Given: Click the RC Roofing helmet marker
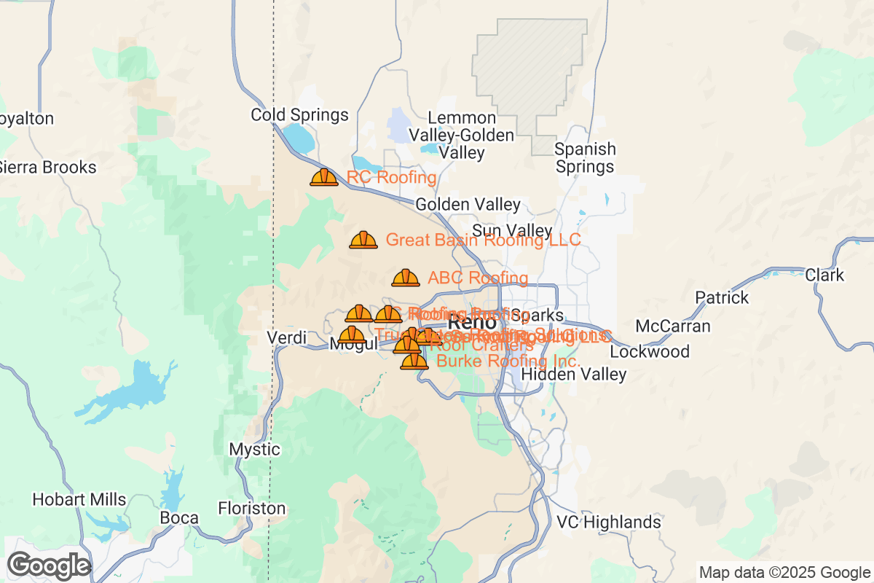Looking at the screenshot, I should coord(324,177).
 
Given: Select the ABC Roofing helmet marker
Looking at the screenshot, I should coord(406,278).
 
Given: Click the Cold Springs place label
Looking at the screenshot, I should coord(299,115).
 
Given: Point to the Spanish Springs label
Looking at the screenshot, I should coord(585,158).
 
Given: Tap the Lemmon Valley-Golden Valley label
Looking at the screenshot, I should coord(461,136).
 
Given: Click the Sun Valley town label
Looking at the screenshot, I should coord(512,231).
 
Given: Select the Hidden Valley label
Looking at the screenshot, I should coord(574,375).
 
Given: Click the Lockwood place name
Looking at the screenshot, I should coord(650,352).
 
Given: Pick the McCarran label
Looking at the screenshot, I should coord(673,326).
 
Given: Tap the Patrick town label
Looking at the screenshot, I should coord(722,298).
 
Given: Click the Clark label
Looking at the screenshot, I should coord(824,275).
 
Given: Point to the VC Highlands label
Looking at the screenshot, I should coord(609,523).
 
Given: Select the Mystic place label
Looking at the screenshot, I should coord(254,449).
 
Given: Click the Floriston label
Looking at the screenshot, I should coord(252,508).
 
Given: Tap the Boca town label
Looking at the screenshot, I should coord(179,518).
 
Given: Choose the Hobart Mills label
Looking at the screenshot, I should coord(79,501).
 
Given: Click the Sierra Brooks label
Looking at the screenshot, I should coord(47,168).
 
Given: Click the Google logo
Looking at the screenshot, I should coord(49,566).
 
